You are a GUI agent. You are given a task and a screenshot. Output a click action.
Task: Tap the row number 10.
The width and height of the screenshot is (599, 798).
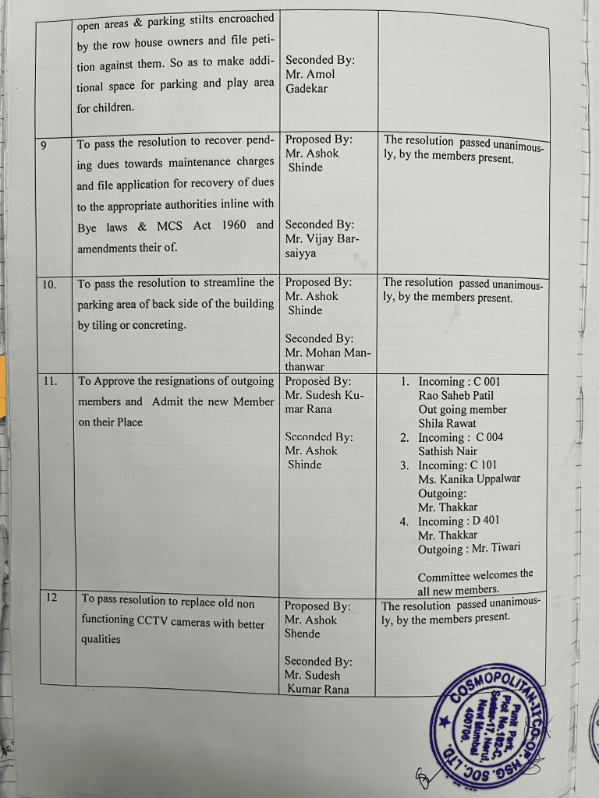pos(48,285)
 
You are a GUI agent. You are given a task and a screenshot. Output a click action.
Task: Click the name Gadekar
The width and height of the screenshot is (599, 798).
pos(307,88)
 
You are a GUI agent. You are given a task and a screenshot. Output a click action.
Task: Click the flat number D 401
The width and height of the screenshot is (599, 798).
pos(486,521)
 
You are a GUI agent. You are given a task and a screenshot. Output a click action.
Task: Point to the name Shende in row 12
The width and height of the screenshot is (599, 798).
pos(302,634)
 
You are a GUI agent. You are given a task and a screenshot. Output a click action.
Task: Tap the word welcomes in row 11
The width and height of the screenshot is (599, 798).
pos(491,576)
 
